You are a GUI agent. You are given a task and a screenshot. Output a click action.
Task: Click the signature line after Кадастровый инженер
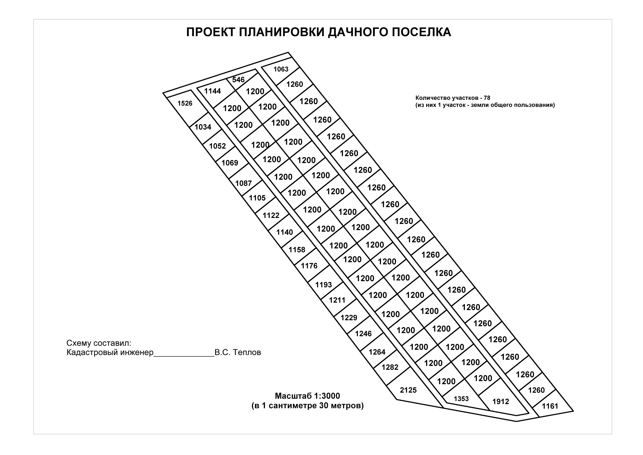click(x=184, y=356)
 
